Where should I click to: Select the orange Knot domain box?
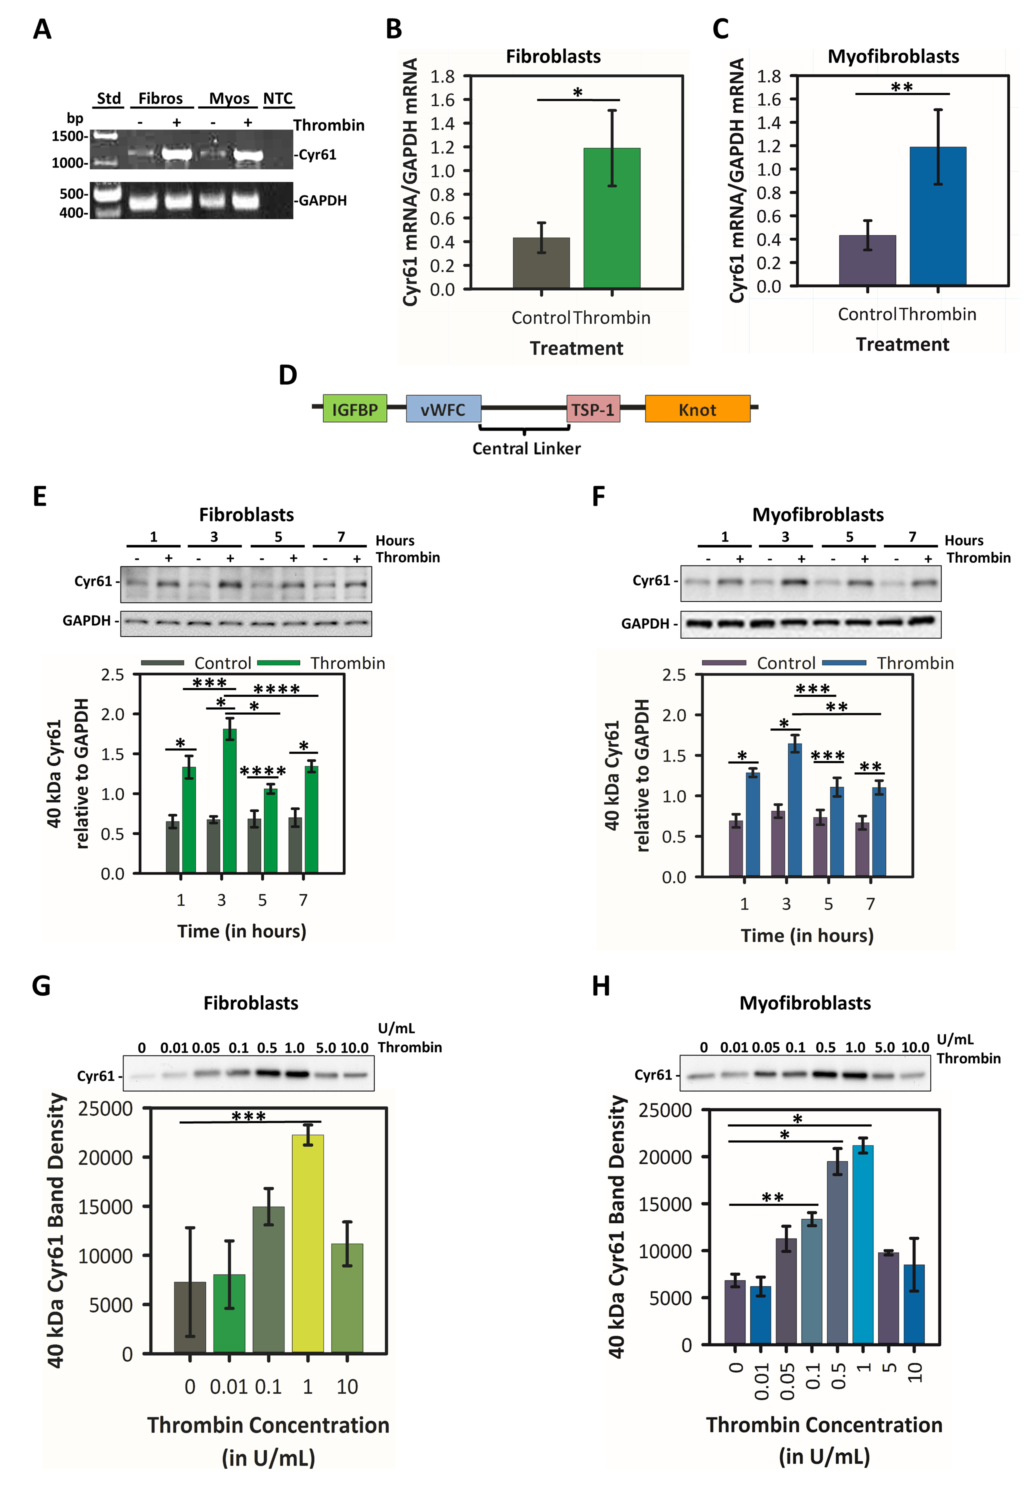pyautogui.click(x=697, y=409)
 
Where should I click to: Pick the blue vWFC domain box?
pyautogui.click(x=443, y=409)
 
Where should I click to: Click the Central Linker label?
pyautogui.click(x=526, y=448)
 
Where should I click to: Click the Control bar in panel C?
pyautogui.click(x=867, y=260)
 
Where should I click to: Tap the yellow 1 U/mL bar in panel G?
pyautogui.click(x=308, y=1243)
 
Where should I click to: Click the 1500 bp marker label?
pyautogui.click(x=68, y=136)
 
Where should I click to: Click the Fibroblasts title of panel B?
pyautogui.click(x=553, y=56)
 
